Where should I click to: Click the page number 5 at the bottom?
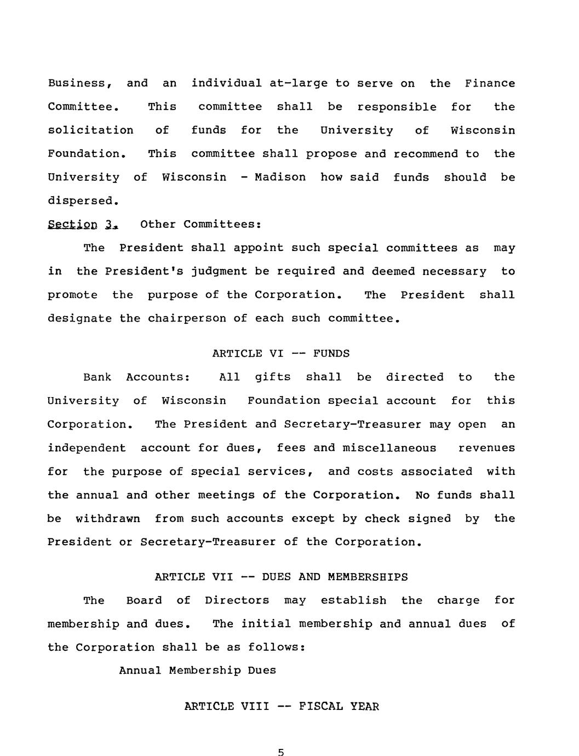coord(281,752)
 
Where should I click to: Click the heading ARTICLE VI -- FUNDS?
coord(280,353)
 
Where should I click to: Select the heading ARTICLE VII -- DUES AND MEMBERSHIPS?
coord(281,577)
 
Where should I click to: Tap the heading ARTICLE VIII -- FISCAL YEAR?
coord(282,706)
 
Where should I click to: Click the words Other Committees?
coord(201,224)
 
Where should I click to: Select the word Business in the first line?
coord(80,83)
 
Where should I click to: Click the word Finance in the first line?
coord(490,83)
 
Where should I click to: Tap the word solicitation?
coord(90,130)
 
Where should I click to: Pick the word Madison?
coord(280,177)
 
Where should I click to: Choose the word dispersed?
coord(83,201)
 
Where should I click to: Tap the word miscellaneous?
coord(389,448)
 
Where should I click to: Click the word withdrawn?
coord(108,518)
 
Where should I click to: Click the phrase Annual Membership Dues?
coord(198,671)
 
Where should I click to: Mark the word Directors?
coord(237,600)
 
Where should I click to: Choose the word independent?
coord(87,448)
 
